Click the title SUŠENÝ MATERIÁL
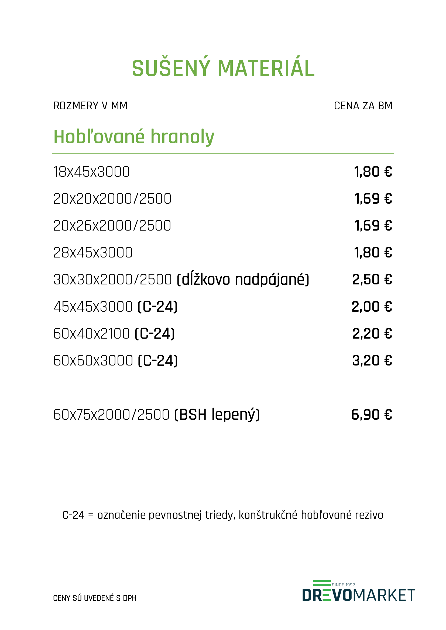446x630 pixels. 223,68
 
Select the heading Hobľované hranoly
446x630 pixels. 134,137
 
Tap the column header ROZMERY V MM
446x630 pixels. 90,106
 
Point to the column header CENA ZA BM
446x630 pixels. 363,106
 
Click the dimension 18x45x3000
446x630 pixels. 91,172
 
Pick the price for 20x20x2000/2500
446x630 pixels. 373,199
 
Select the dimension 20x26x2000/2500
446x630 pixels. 112,226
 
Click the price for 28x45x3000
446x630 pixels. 373,253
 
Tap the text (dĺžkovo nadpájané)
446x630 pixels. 243,280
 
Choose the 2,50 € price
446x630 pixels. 372,280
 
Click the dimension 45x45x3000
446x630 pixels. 93,307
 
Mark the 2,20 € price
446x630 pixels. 372,334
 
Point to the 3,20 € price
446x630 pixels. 372,361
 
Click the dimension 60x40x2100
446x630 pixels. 91,334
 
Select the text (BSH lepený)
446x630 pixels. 217,415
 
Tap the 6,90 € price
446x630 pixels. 372,415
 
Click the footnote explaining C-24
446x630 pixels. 223,515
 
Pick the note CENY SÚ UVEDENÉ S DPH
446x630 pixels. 95,598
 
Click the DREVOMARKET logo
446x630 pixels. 358,595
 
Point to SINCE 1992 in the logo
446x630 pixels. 343,585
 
